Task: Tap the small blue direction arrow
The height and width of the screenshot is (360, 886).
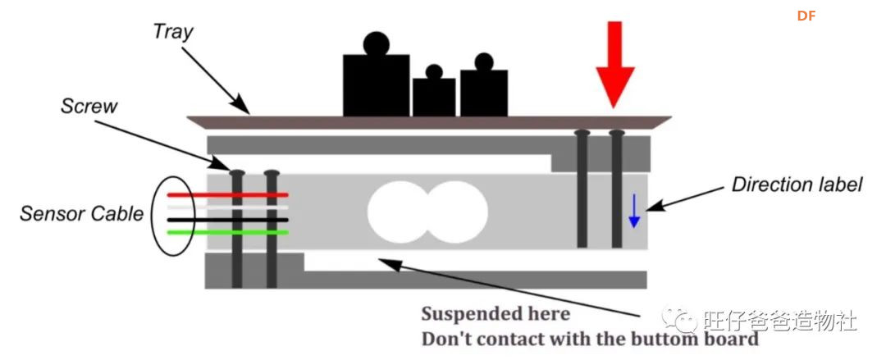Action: coord(634,211)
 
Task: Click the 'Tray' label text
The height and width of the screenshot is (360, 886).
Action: coord(173,33)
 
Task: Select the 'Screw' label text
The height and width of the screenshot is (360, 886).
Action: coord(89,107)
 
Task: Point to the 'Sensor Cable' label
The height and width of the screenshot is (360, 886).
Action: coord(82,214)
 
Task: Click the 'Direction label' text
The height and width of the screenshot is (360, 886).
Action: coord(797,185)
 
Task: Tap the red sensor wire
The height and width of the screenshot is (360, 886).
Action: coord(228,195)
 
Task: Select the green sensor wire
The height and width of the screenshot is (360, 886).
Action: coord(228,232)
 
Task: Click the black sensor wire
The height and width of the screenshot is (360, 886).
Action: coord(228,220)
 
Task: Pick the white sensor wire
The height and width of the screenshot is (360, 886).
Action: coord(228,207)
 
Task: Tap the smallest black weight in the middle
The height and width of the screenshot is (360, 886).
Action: coord(434,92)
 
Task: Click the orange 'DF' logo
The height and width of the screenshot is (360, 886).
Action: coord(806,16)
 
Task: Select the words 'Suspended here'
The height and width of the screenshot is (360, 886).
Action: coord(496,313)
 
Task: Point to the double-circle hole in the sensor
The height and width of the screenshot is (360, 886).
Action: coord(427,212)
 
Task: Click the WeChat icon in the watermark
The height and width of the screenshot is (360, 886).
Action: coord(680,319)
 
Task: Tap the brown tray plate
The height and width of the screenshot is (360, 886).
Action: coord(429,123)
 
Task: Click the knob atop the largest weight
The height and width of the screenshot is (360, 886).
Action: coord(377,43)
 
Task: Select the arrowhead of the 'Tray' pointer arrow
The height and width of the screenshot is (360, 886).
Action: coord(242,107)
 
